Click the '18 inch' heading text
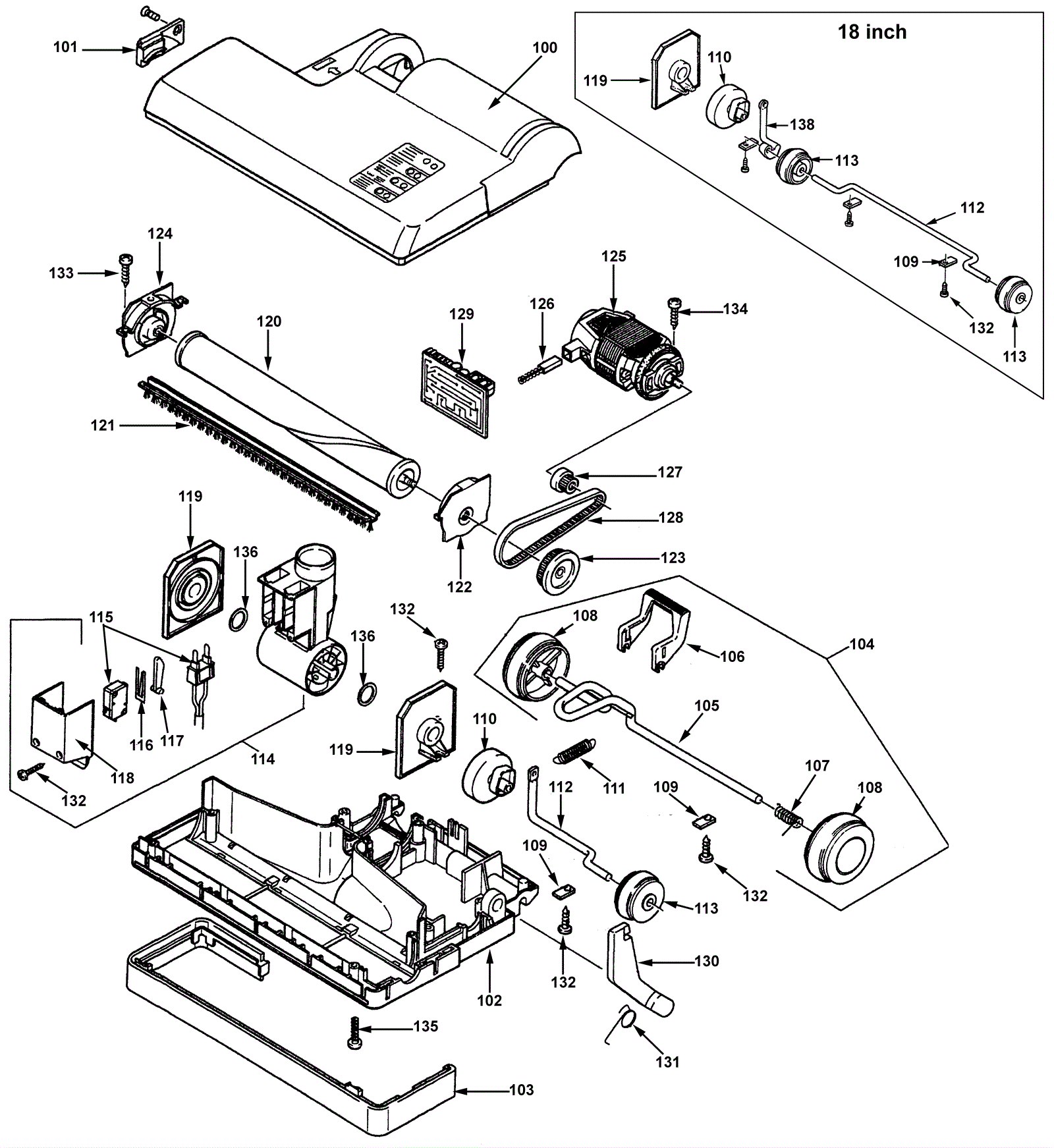click(x=872, y=32)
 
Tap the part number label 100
click(x=545, y=47)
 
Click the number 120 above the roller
click(x=269, y=321)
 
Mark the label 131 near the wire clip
click(x=667, y=1062)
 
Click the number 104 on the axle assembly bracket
click(x=862, y=643)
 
